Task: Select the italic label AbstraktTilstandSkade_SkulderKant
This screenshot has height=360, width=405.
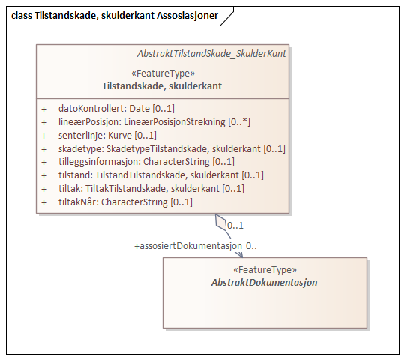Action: (211, 54)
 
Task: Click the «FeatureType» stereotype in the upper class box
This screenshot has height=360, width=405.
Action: (163, 73)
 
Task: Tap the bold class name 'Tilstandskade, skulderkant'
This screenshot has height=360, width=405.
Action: (162, 86)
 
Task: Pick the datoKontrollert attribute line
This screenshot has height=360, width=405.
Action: (116, 109)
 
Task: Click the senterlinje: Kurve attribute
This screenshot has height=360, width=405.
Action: (107, 136)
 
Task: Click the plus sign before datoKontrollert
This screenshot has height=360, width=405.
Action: (43, 109)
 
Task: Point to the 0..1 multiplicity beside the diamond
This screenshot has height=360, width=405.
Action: (235, 224)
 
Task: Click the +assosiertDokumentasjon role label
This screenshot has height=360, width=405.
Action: (188, 245)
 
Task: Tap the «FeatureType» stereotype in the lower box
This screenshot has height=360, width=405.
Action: (265, 270)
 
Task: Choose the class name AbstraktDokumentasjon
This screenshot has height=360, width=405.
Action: (265, 283)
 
